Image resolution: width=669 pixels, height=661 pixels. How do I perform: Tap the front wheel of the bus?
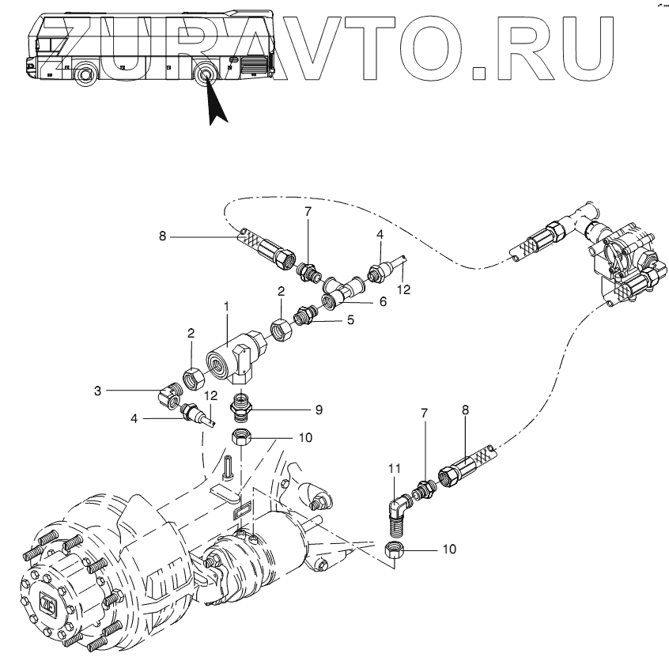tap(84, 77)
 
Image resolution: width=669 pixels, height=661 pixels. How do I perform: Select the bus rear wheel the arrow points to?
tap(206, 76)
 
